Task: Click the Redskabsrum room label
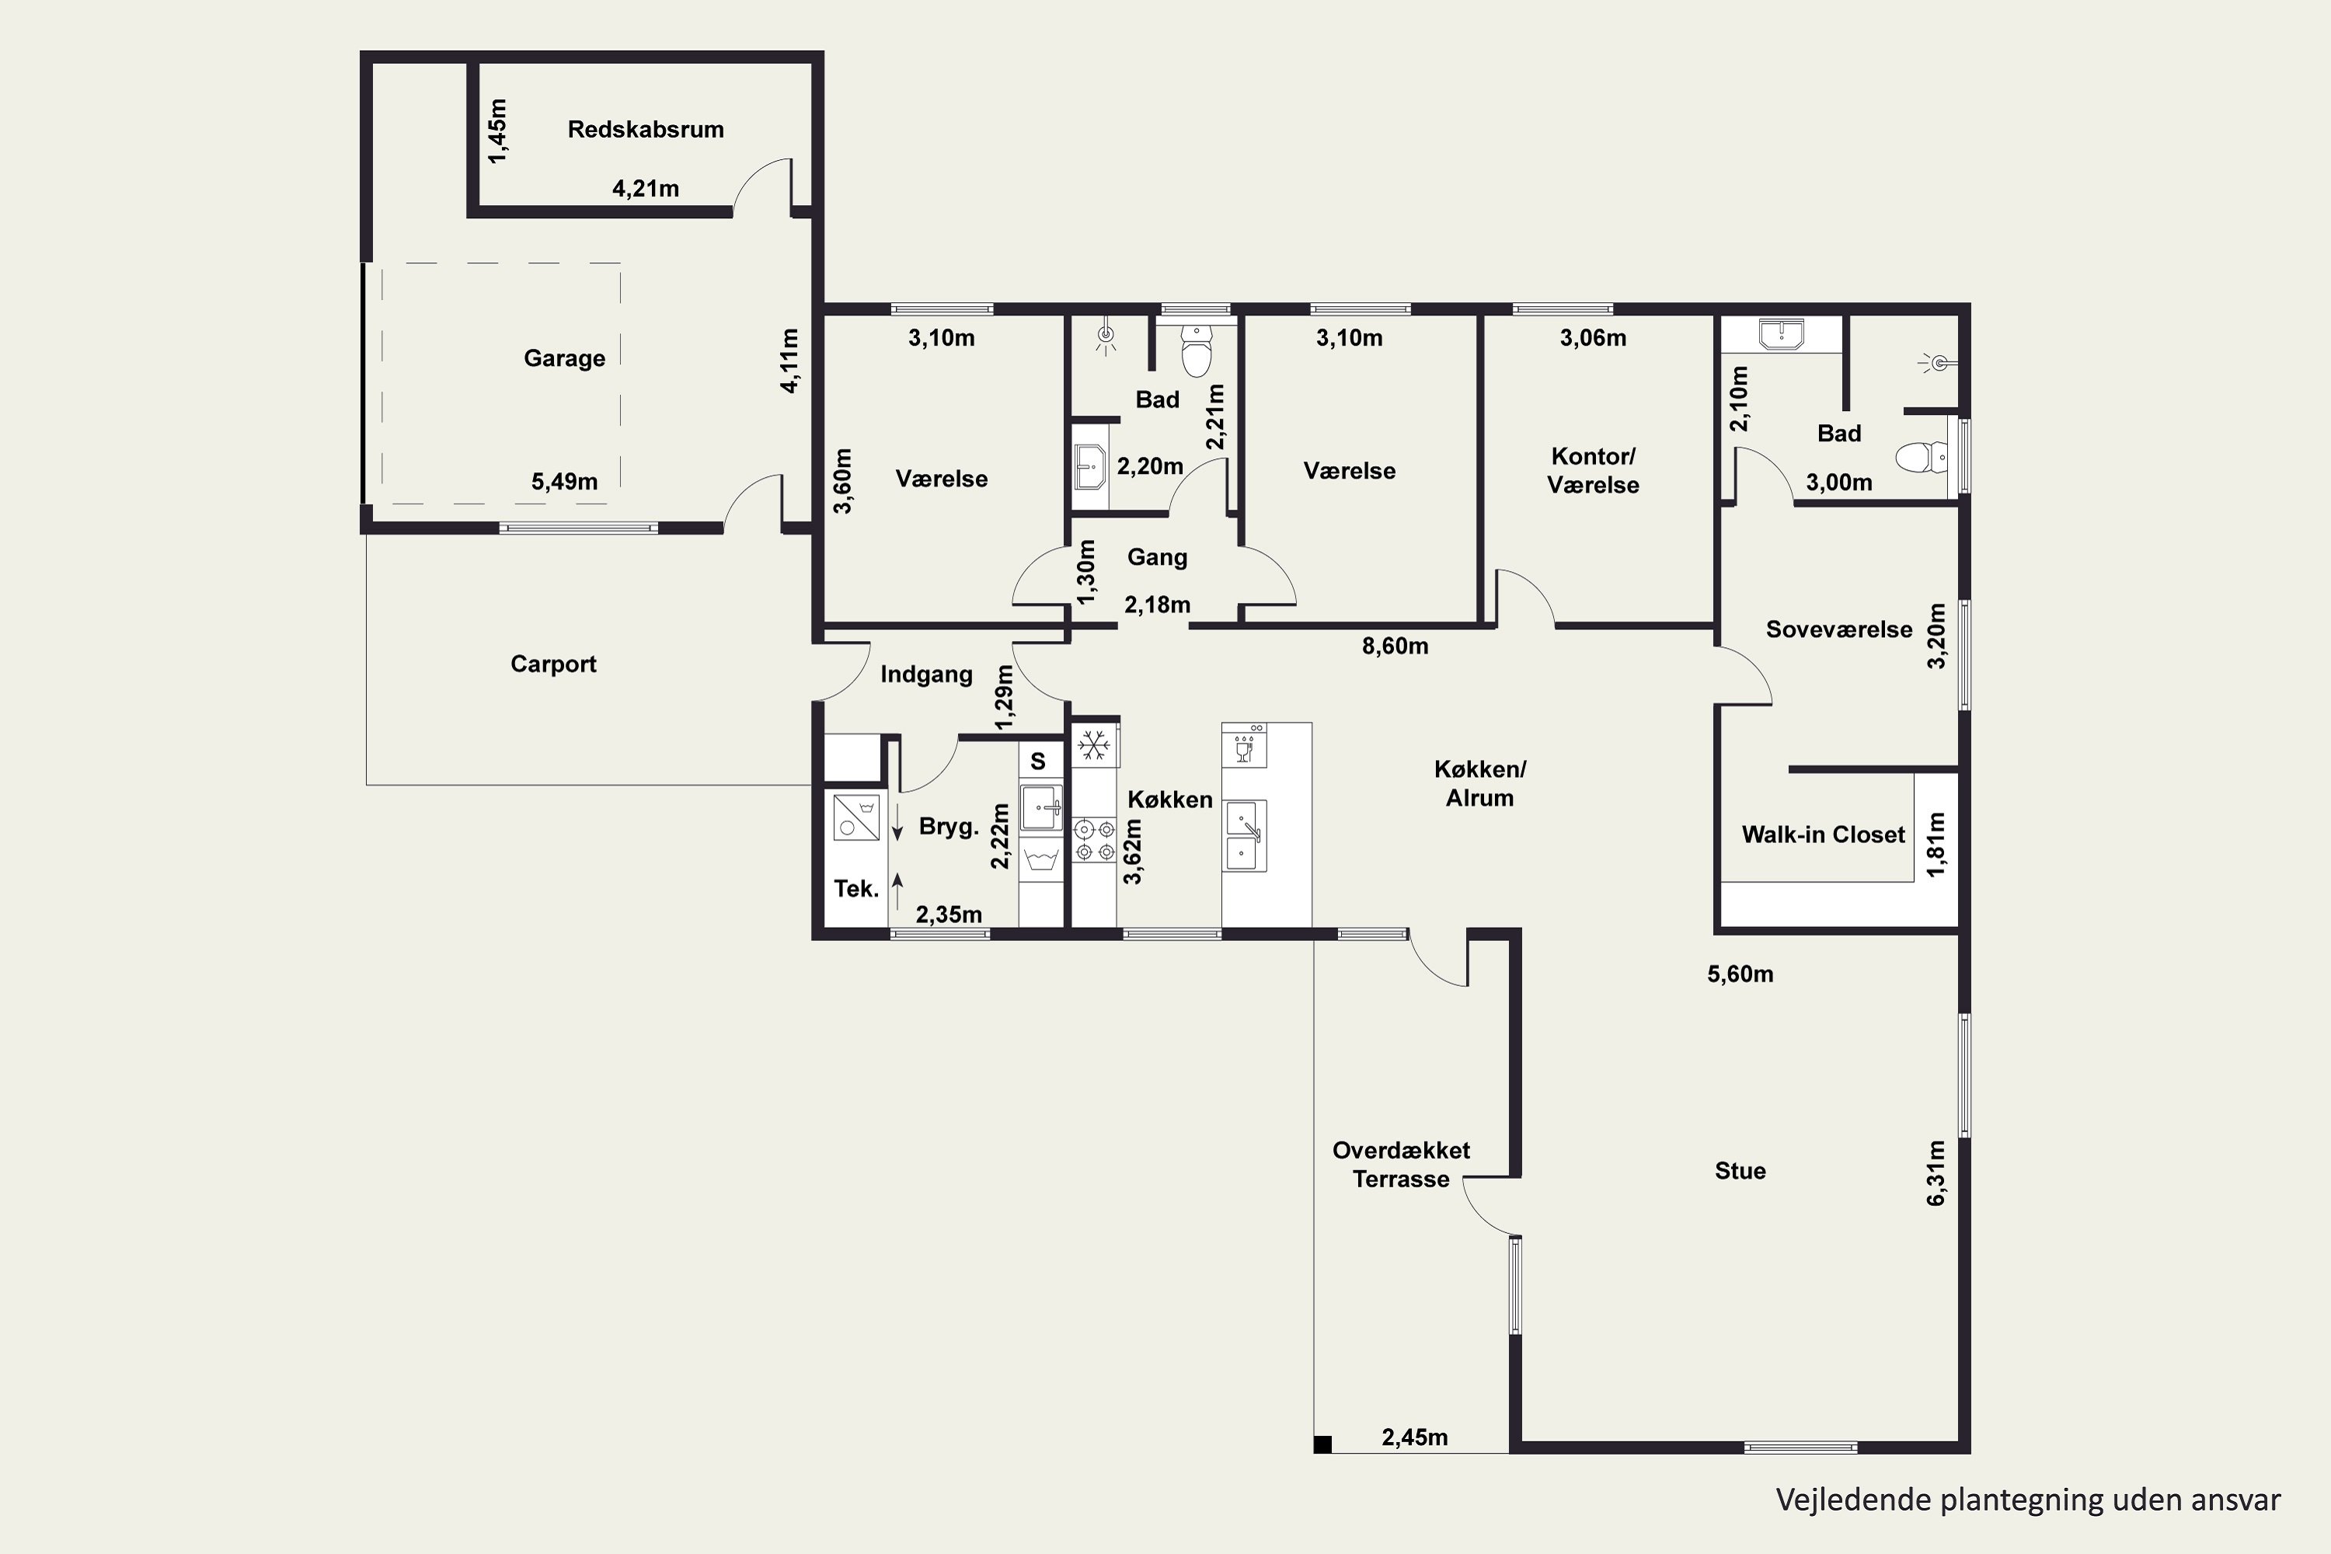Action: [x=645, y=130]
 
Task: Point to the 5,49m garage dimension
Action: [x=564, y=482]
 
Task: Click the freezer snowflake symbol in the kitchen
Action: [x=1094, y=744]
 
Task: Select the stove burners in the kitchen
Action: [x=1094, y=839]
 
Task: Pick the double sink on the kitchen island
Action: [x=1245, y=835]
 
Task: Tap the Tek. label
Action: [x=856, y=889]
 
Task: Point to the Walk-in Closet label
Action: [x=1823, y=834]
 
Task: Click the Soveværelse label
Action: [x=1838, y=629]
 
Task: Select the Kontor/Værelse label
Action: [x=1593, y=471]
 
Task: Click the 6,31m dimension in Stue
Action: [x=1936, y=1172]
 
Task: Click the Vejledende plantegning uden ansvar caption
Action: [x=2028, y=1500]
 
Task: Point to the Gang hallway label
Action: [x=1157, y=557]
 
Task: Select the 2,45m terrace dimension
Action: [x=1414, y=1437]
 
